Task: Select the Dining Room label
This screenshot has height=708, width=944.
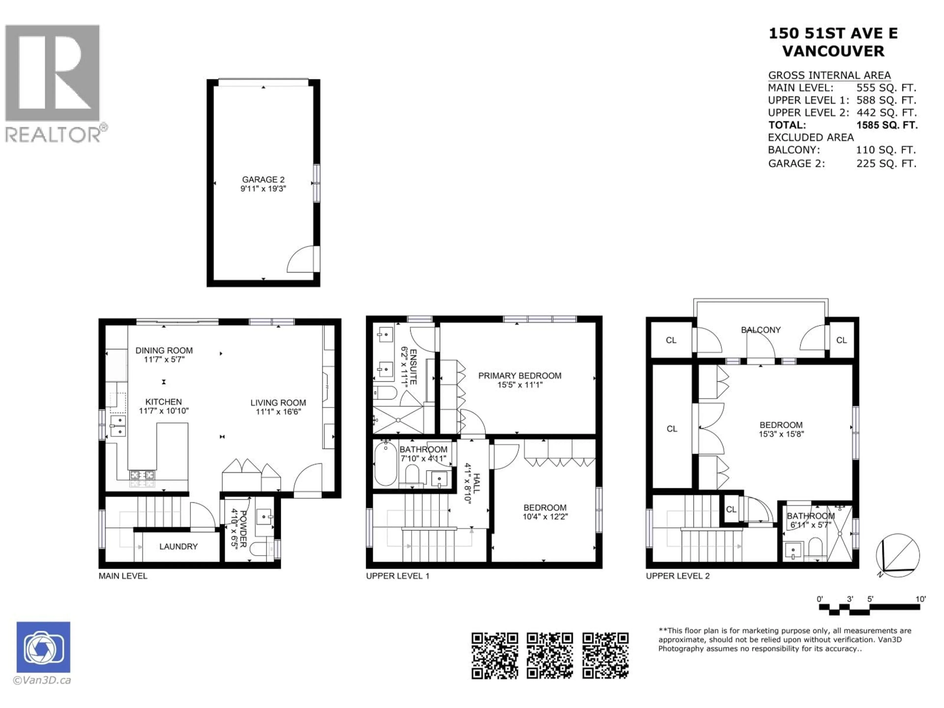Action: pyautogui.click(x=164, y=350)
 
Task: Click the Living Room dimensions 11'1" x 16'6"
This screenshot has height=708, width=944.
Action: pyautogui.click(x=278, y=412)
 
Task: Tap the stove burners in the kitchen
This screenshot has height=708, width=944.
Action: pyautogui.click(x=142, y=479)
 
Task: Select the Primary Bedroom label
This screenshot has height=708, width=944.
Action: pyautogui.click(x=519, y=376)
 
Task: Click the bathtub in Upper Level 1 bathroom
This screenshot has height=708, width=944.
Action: pyautogui.click(x=385, y=464)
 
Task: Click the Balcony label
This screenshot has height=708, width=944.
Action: pyautogui.click(x=761, y=330)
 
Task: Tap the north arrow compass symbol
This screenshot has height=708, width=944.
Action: pyautogui.click(x=898, y=555)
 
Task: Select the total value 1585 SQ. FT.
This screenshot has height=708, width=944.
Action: pyautogui.click(x=886, y=125)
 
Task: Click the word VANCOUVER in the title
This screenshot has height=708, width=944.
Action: pyautogui.click(x=833, y=51)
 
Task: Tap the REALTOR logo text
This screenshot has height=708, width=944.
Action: pyautogui.click(x=53, y=135)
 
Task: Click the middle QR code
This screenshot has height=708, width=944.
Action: pyautogui.click(x=550, y=655)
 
